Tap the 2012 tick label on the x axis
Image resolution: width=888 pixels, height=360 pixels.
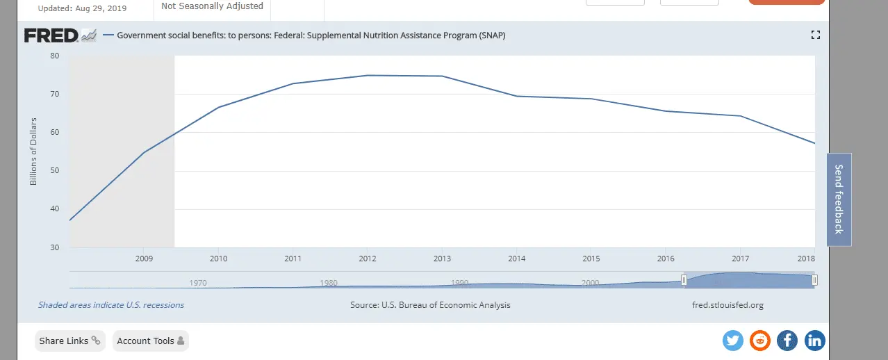pyautogui.click(x=368, y=259)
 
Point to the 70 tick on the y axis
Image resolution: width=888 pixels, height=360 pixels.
pyautogui.click(x=55, y=94)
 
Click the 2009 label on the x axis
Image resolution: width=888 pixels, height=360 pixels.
pyautogui.click(x=143, y=259)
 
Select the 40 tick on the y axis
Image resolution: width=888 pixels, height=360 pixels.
pyautogui.click(x=55, y=209)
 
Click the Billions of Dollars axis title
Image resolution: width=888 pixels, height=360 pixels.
pyautogui.click(x=33, y=151)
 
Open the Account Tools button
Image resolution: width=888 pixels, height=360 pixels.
pyautogui.click(x=150, y=341)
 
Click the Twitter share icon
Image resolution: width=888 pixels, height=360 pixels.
pyautogui.click(x=733, y=341)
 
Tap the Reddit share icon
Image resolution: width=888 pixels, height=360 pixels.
pyautogui.click(x=760, y=341)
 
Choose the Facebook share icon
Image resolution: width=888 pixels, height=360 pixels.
pyautogui.click(x=787, y=341)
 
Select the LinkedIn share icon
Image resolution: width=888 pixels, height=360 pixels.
pyautogui.click(x=814, y=341)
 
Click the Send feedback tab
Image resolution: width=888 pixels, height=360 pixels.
pyautogui.click(x=839, y=199)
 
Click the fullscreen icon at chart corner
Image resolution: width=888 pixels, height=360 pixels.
pyautogui.click(x=816, y=35)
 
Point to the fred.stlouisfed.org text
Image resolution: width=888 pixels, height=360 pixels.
pyautogui.click(x=727, y=305)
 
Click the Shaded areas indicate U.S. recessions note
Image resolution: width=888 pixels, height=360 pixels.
pyautogui.click(x=111, y=305)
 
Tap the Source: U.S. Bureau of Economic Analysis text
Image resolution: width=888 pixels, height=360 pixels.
pyautogui.click(x=430, y=305)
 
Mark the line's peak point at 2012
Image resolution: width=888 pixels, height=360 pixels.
pyautogui.click(x=368, y=75)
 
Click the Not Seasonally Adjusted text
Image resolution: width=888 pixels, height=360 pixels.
pyautogui.click(x=212, y=6)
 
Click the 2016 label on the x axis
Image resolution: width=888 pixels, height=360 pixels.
pyautogui.click(x=666, y=259)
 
